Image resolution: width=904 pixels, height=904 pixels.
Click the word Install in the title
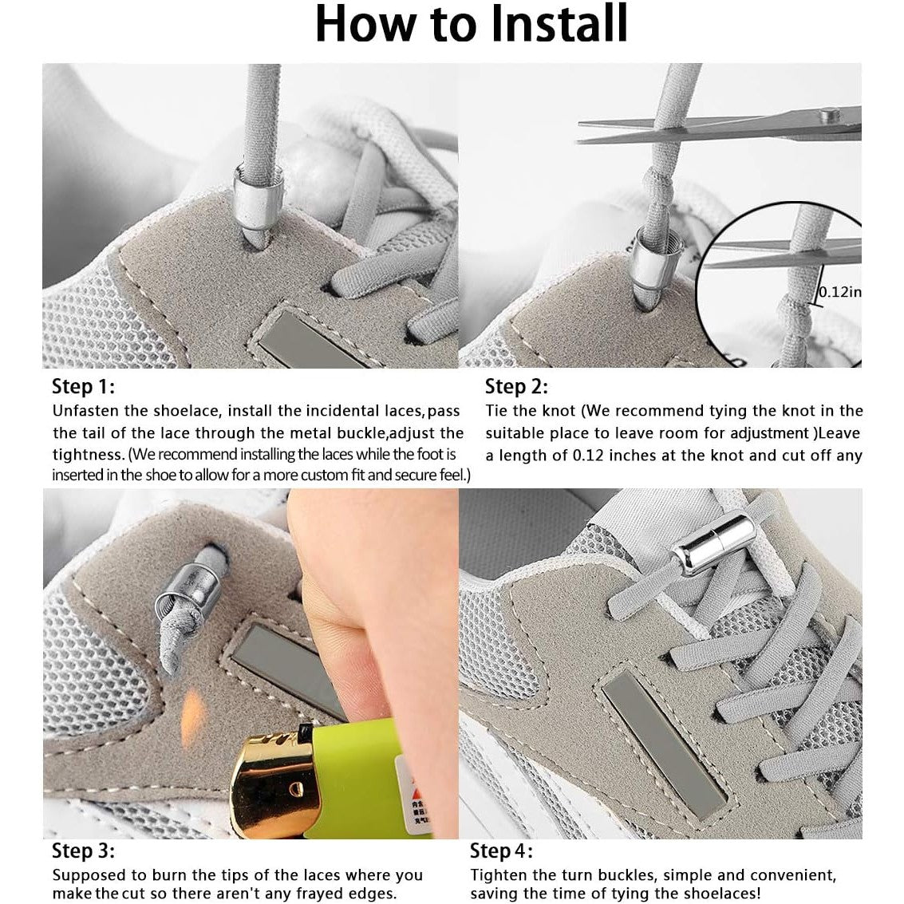click(x=559, y=23)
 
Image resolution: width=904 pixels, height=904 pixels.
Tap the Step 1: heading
click(x=84, y=386)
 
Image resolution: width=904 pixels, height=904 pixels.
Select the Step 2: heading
click(x=516, y=386)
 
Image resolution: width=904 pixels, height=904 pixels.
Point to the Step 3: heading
click(x=84, y=851)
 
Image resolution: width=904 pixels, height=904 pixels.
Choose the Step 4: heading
click(x=502, y=851)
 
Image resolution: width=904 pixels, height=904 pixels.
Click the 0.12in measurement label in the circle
click(x=841, y=292)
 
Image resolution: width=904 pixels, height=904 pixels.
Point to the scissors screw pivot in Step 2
click(x=828, y=116)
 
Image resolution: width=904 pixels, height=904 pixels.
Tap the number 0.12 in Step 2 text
click(x=587, y=456)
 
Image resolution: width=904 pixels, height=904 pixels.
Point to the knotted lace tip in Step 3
click(x=177, y=640)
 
